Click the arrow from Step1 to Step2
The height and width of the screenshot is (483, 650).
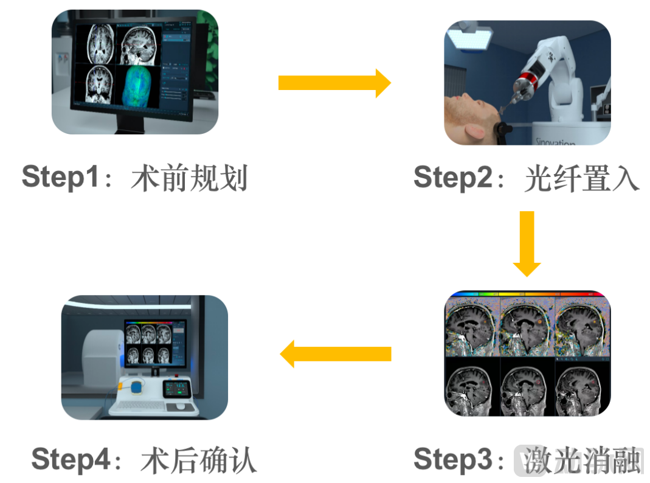[x=334, y=83]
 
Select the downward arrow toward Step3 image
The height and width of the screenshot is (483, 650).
[x=527, y=243]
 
